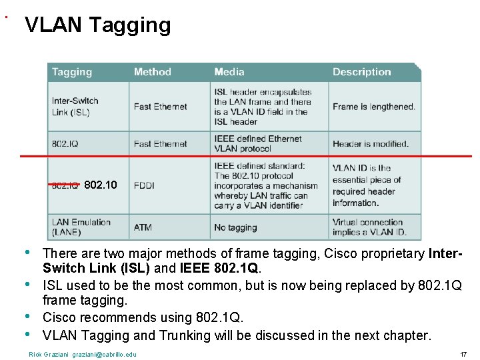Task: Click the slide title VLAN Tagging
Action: pos(97,25)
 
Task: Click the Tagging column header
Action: pos(72,72)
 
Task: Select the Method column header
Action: pos(152,72)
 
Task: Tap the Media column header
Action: pos(229,72)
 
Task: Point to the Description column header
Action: pos(361,72)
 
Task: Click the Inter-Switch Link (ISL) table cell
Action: pos(75,107)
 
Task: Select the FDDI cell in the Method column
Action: pos(144,185)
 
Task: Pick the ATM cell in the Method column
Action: pos(143,227)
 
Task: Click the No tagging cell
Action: pos(235,227)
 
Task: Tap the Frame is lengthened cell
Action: pos(373,107)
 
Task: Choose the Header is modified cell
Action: pos(370,144)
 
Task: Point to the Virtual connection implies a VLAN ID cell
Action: pos(367,227)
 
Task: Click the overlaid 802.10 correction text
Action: pos(101,185)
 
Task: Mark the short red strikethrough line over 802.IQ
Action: pos(64,183)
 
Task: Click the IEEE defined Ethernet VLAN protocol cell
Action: pos(257,144)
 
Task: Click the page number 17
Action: pos(463,354)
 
